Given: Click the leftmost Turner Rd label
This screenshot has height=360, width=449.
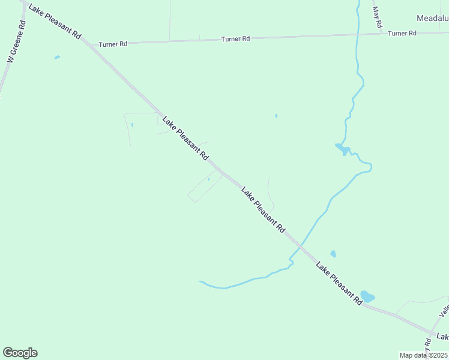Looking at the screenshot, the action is click(113, 44).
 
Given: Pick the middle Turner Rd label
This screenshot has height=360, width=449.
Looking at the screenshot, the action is click(235, 39).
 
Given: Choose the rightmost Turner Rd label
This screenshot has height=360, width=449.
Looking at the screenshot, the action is click(402, 34).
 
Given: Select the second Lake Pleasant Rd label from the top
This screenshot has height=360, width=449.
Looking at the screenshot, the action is click(185, 139).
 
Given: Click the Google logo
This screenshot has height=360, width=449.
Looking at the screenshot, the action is click(20, 353).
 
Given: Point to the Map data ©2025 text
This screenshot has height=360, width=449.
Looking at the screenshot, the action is click(424, 355).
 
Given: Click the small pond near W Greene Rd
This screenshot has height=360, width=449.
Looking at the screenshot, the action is click(57, 58).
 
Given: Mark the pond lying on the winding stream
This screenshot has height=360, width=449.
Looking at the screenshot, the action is click(342, 148).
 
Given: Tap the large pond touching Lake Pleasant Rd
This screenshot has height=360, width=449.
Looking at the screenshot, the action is click(367, 296).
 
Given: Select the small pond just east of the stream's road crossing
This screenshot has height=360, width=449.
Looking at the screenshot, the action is click(333, 254).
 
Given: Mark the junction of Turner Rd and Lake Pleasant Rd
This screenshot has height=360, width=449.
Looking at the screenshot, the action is click(86, 44).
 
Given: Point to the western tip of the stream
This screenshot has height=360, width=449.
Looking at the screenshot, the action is click(200, 281).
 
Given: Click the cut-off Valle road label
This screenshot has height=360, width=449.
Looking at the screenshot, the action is click(444, 310).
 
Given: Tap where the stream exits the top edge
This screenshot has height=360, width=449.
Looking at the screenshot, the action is click(358, 2).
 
